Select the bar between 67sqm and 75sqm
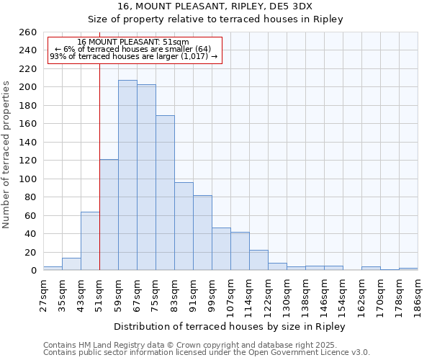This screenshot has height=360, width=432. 146,177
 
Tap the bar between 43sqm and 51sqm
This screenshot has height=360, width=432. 90,241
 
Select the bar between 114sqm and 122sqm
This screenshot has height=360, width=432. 258,260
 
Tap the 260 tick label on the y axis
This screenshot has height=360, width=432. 27,32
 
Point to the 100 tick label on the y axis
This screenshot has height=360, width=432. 27,179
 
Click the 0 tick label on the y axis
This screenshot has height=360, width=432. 33,271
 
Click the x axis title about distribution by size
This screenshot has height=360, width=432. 230,327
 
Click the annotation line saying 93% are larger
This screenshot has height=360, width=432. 133,56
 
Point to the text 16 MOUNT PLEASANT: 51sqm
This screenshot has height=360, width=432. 133,42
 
